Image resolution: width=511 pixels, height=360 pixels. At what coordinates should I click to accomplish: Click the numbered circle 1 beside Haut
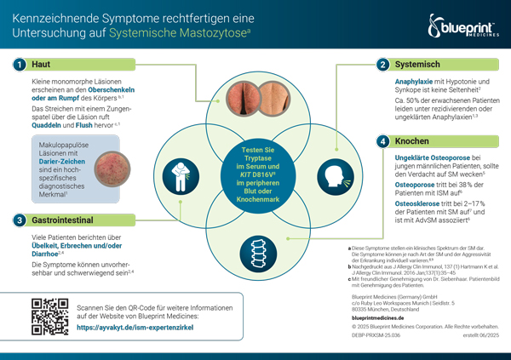click(x=18, y=64)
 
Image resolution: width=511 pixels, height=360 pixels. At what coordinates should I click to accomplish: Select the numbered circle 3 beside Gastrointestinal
click(x=18, y=220)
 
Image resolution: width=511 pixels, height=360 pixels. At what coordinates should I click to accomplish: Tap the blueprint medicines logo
click(x=466, y=31)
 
